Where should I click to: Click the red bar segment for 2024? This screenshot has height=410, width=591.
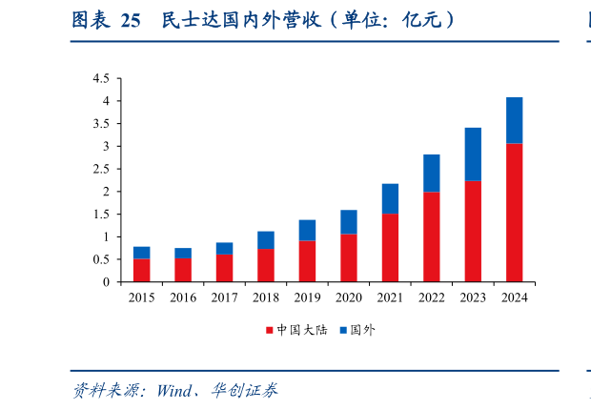pos(514,213)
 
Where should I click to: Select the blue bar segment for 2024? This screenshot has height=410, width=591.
pos(514,120)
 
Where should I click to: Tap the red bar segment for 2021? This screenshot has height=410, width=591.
pos(390,248)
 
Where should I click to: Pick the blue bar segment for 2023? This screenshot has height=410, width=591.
pos(473,154)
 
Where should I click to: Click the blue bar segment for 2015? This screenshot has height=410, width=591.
pos(141,253)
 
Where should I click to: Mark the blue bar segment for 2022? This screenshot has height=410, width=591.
pos(431,174)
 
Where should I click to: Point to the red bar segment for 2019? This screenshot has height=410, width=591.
pos(307,261)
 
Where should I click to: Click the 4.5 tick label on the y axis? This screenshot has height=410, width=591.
pos(101,78)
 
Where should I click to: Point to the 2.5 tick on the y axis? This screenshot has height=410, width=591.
pos(101,169)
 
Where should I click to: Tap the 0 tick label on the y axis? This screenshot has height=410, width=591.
pos(106,282)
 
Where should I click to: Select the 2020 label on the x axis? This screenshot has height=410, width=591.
pos(348,297)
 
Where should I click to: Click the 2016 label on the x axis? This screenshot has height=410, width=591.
pos(183,297)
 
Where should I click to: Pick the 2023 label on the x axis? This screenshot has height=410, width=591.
pos(473,297)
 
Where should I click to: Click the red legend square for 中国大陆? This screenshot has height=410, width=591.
pos(270,330)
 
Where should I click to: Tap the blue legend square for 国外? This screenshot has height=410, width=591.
pos(342,330)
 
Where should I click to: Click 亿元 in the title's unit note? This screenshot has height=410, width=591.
pos(417,20)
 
